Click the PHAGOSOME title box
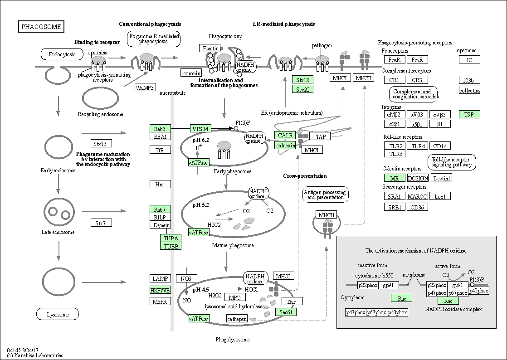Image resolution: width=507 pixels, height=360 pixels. point(41,26)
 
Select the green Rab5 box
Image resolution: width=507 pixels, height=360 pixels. point(160,128)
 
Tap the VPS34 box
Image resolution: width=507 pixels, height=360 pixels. point(200,129)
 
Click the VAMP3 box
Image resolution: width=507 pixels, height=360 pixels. point(145,87)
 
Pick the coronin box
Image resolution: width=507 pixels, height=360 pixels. point(191,73)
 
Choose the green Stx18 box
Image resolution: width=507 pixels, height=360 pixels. point(302,80)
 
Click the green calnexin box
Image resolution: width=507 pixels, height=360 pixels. point(285,146)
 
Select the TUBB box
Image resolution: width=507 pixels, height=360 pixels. point(171,246)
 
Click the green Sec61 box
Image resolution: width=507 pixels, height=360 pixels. point(286,312)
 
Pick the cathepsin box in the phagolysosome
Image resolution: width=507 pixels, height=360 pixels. point(237,319)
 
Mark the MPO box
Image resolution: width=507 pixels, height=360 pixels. point(234,297)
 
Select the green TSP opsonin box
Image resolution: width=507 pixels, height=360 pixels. point(469,114)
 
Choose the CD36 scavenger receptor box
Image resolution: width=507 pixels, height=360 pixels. point(417,207)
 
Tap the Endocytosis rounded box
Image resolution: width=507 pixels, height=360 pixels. point(62,54)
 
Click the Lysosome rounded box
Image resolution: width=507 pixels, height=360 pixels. point(58,314)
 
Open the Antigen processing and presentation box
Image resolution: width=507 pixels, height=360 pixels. point(325,195)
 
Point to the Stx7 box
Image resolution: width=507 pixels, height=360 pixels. point(101,223)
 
